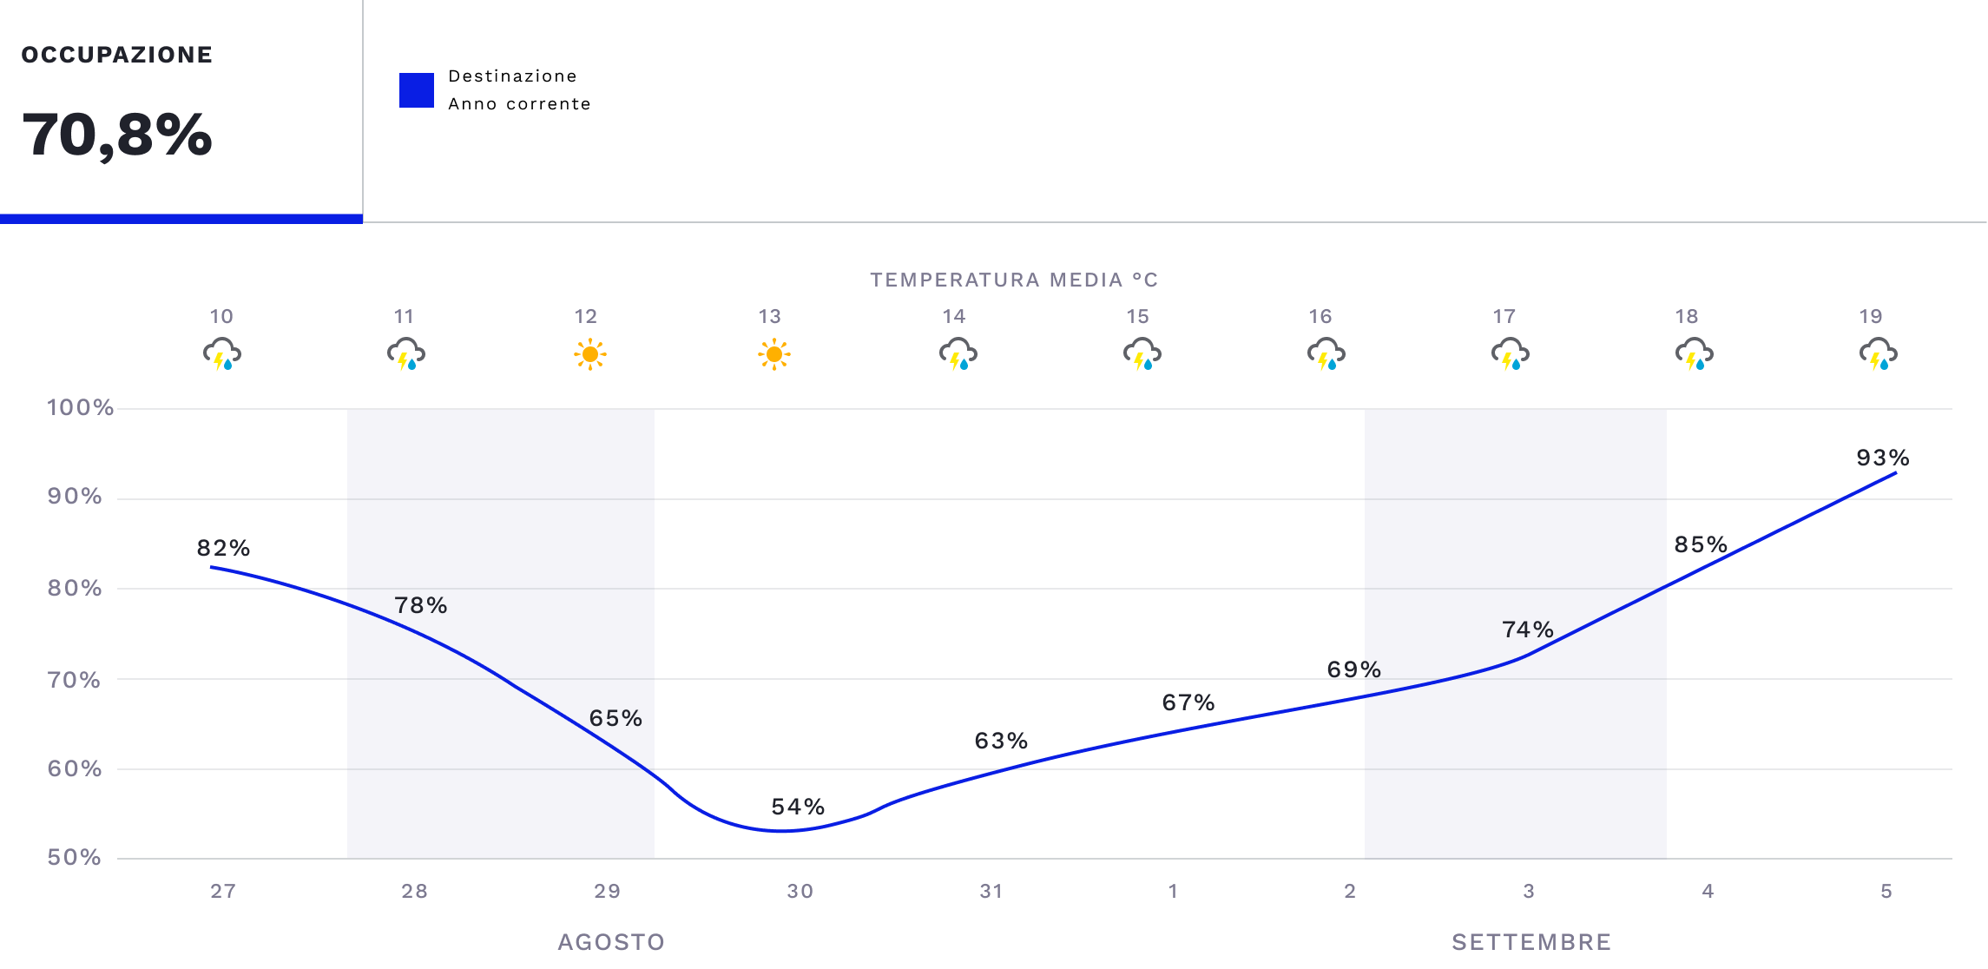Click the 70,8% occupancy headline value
coord(117,135)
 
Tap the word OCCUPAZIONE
coord(117,55)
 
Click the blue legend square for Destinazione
coord(417,90)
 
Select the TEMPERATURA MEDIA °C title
coord(1014,280)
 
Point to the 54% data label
coord(798,807)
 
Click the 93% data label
coord(1882,458)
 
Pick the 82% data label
coord(223,548)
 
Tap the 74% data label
coord(1528,630)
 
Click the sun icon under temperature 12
coord(590,354)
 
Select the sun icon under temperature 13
coord(773,354)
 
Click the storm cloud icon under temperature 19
coord(1878,354)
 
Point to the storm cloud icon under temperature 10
coord(222,354)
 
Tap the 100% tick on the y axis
coord(80,407)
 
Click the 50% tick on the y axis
coord(75,858)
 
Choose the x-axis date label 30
coord(800,891)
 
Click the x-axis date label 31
coord(991,891)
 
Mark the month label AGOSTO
coord(611,942)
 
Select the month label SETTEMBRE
coord(1531,942)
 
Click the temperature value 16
coord(1320,316)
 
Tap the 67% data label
coord(1188,702)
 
